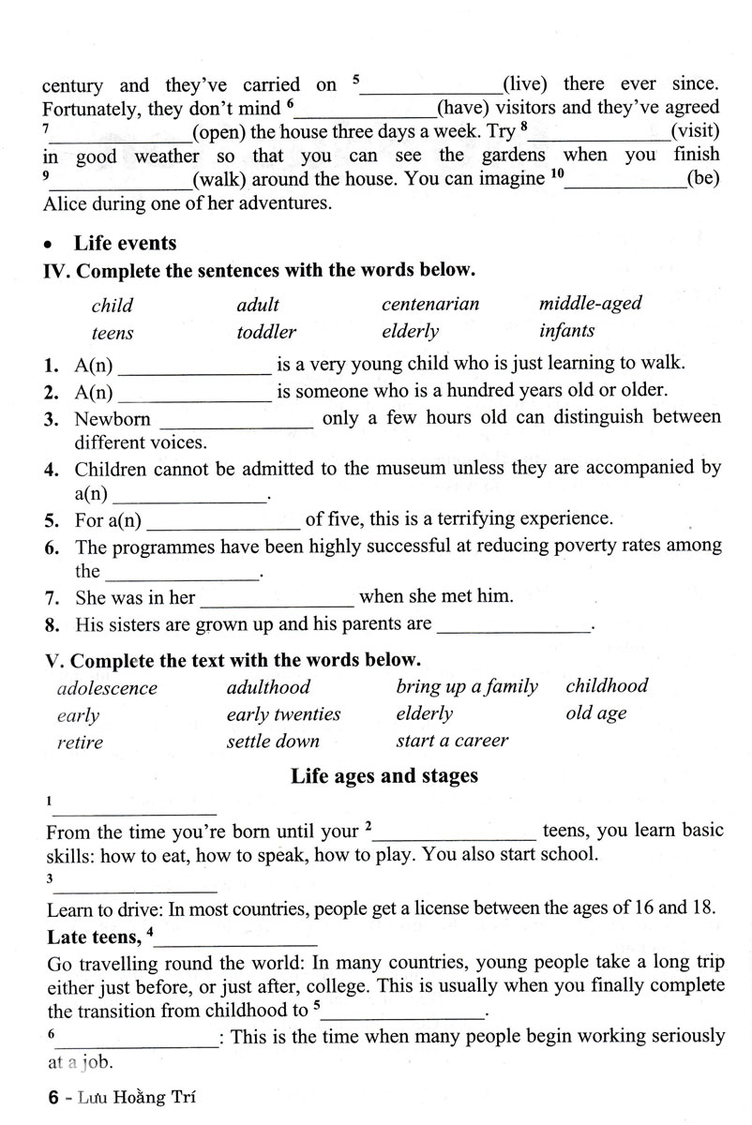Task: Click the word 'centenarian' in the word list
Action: tap(430, 304)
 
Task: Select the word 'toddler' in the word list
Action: tap(266, 331)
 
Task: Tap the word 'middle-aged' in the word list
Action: tap(591, 303)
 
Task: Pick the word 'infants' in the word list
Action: tap(566, 330)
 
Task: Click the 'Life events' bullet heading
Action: tap(125, 243)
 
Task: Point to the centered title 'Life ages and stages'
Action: tap(384, 775)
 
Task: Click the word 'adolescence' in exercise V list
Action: tap(108, 687)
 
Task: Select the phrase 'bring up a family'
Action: tap(467, 686)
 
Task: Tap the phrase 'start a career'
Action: tap(452, 741)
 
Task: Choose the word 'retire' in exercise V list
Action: tap(80, 742)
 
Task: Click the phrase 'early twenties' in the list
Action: tap(283, 714)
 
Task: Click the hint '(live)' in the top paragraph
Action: tap(525, 84)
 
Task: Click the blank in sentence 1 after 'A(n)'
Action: tap(196, 365)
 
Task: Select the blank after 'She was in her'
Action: tap(278, 597)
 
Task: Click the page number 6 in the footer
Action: tap(54, 1094)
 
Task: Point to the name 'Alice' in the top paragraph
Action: tap(66, 202)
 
